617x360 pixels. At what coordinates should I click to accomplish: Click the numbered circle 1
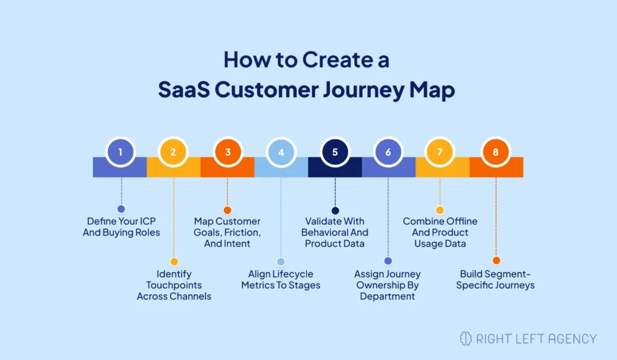pyautogui.click(x=121, y=152)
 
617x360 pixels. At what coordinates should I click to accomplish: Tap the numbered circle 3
pyautogui.click(x=228, y=152)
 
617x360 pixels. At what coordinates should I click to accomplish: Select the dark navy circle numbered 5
pyautogui.click(x=335, y=152)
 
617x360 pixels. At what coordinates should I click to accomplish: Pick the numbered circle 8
pyautogui.click(x=495, y=152)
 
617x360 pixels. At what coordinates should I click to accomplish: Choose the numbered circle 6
pyautogui.click(x=388, y=152)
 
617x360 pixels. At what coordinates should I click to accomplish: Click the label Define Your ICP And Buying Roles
pyautogui.click(x=121, y=227)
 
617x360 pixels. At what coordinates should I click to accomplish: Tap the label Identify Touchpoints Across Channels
pyautogui.click(x=174, y=285)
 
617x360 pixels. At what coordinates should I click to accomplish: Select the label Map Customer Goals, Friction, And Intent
pyautogui.click(x=227, y=232)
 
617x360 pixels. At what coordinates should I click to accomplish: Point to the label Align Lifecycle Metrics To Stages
pyautogui.click(x=281, y=279)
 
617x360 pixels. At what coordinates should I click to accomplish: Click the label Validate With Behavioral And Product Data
pyautogui.click(x=336, y=232)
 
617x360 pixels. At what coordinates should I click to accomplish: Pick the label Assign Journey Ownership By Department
pyautogui.click(x=388, y=285)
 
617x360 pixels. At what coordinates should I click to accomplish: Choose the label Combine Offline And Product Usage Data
pyautogui.click(x=440, y=232)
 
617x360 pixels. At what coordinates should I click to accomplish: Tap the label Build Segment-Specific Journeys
pyautogui.click(x=495, y=279)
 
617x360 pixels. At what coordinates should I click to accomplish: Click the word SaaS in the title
pyautogui.click(x=183, y=89)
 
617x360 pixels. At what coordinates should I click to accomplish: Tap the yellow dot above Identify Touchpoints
pyautogui.click(x=174, y=262)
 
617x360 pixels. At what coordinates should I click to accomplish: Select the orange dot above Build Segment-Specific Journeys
pyautogui.click(x=496, y=261)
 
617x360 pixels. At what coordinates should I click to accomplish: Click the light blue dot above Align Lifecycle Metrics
pyautogui.click(x=281, y=262)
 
